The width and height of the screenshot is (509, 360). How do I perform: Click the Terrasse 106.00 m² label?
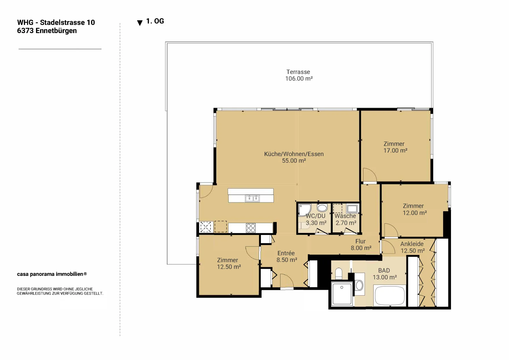299,75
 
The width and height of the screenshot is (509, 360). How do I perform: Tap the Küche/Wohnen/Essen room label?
294,154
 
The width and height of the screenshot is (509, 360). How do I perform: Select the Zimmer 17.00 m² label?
395,147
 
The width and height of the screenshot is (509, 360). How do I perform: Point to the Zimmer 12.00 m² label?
414,209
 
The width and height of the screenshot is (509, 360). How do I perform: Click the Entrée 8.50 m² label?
287,256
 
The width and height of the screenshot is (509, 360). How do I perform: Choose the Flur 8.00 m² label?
361,245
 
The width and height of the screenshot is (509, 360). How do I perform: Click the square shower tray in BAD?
342,294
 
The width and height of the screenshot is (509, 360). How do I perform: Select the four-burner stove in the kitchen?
251,228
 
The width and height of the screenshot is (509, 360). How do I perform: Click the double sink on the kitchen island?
252,198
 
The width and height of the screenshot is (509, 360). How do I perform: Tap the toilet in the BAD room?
338,274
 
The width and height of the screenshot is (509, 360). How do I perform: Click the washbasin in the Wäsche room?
352,209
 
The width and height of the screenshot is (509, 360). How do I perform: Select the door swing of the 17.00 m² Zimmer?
369,175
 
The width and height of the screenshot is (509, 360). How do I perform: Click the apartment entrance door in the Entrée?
287,281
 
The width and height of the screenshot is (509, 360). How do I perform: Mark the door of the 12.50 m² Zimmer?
252,253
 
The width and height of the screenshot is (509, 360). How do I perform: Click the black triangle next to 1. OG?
140,23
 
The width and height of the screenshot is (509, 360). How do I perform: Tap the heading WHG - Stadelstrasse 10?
56,22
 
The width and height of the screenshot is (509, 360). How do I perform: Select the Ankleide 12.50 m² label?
412,247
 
